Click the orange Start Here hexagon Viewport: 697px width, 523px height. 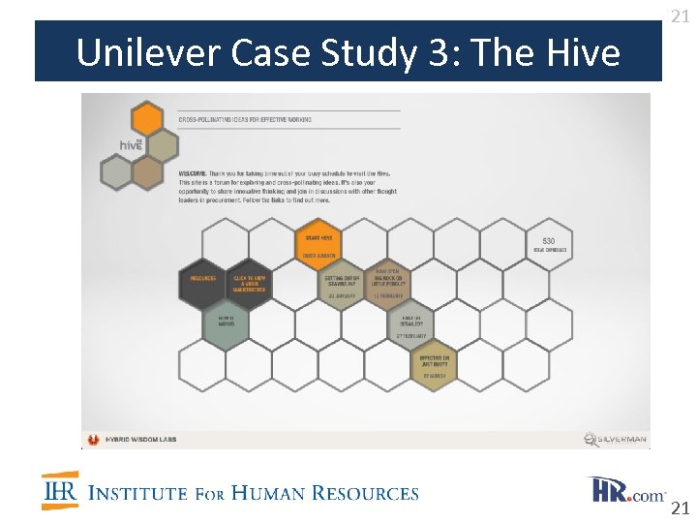(318, 243)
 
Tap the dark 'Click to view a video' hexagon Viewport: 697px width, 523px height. (249, 283)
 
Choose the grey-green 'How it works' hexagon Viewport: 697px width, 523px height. (226, 323)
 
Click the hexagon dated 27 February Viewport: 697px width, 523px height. (411, 323)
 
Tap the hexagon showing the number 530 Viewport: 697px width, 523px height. (549, 243)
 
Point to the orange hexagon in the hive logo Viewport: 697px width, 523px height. (146, 120)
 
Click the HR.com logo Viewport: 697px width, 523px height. (625, 491)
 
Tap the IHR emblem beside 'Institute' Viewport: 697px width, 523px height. (60, 491)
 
